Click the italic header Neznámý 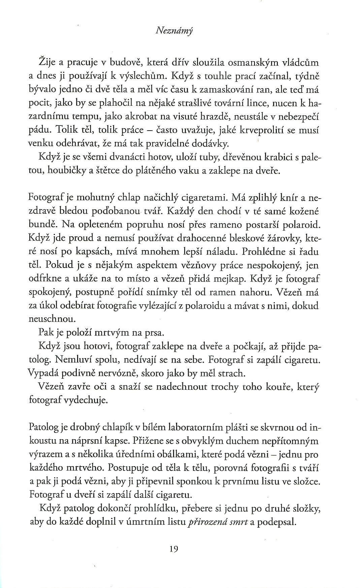[x=174, y=31]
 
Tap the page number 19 [x=174, y=549]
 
